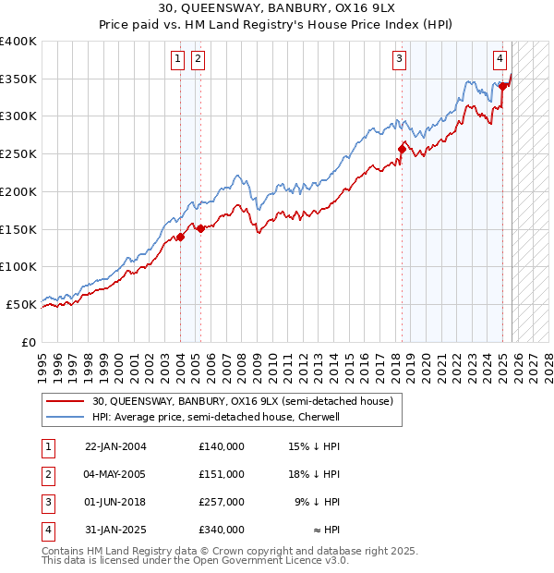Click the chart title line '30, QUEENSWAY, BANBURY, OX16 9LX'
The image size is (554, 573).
point(277,10)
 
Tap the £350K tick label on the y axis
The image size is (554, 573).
point(18,79)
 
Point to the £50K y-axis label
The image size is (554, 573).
point(21,304)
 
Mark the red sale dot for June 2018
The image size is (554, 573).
point(402,149)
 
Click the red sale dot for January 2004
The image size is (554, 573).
point(180,237)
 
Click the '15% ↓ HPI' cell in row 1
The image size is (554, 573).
point(314,446)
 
